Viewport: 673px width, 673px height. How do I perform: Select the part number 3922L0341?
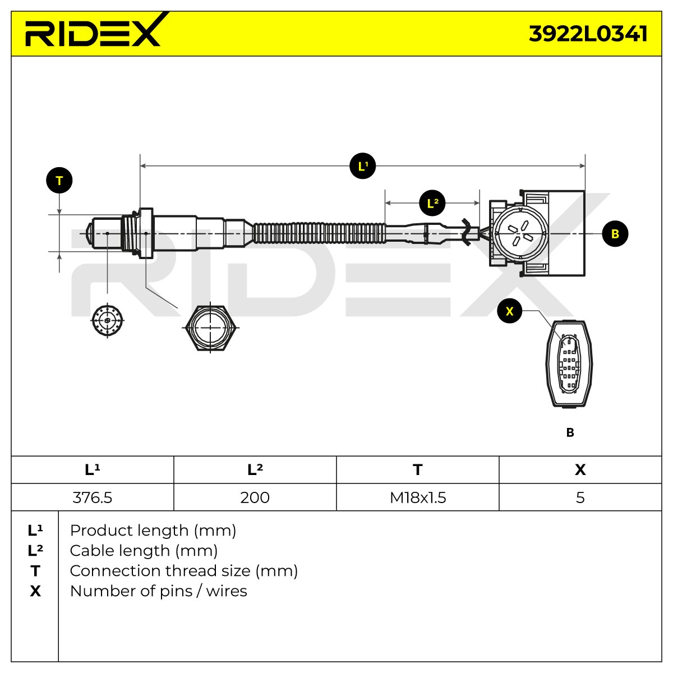pyautogui.click(x=588, y=34)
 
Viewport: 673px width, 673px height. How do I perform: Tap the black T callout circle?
pyautogui.click(x=59, y=181)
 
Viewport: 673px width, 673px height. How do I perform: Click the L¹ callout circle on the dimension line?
pyautogui.click(x=362, y=166)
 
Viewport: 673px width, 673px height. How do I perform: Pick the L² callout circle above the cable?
pyautogui.click(x=432, y=203)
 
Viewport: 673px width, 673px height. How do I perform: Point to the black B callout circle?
pyautogui.click(x=615, y=234)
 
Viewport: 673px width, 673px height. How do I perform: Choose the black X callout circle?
pyautogui.click(x=510, y=311)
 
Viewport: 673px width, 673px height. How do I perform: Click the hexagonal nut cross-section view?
pyautogui.click(x=210, y=328)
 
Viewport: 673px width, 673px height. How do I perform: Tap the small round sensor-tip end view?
pyautogui.click(x=107, y=320)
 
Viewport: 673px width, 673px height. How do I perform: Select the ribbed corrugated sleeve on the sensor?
pyautogui.click(x=319, y=233)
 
